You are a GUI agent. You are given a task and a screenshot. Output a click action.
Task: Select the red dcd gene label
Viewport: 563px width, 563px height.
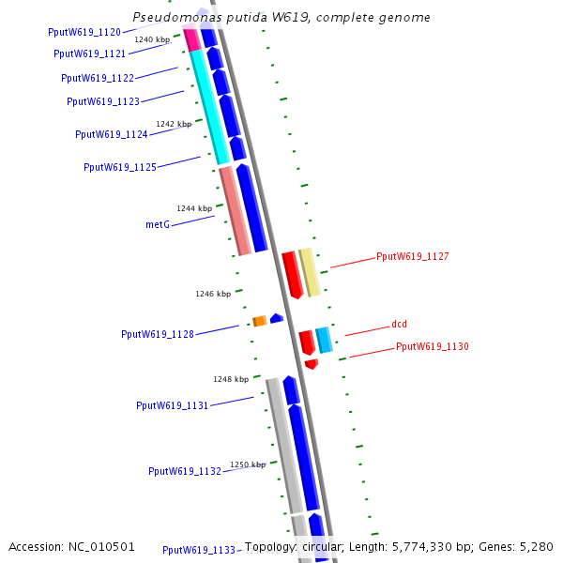pyautogui.click(x=399, y=325)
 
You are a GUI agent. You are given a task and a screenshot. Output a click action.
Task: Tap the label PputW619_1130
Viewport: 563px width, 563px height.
pyautogui.click(x=432, y=346)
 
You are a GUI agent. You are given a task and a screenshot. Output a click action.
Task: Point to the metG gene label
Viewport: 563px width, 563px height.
pyautogui.click(x=157, y=225)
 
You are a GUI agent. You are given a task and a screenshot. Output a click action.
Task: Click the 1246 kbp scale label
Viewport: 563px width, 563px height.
pyautogui.click(x=213, y=294)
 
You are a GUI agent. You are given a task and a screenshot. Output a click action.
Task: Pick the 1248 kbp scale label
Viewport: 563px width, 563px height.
pyautogui.click(x=231, y=379)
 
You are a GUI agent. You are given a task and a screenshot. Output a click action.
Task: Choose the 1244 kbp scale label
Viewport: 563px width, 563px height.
pyautogui.click(x=194, y=208)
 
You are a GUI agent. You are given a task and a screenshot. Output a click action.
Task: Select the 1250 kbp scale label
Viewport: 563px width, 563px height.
pyautogui.click(x=249, y=464)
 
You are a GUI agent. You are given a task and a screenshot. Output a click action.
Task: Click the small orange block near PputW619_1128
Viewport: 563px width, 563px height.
pyautogui.click(x=259, y=321)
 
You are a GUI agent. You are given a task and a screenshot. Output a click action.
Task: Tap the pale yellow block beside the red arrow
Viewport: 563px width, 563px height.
pyautogui.click(x=310, y=272)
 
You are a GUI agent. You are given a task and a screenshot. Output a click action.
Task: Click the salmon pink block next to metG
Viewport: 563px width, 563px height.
pyautogui.click(x=235, y=210)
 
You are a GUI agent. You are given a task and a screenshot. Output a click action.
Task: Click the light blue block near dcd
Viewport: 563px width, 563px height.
pyautogui.click(x=324, y=339)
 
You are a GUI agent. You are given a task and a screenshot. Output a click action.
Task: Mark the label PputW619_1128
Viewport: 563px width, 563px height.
pyautogui.click(x=158, y=334)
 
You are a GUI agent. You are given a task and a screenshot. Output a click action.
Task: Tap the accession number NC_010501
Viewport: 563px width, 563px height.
pyautogui.click(x=103, y=546)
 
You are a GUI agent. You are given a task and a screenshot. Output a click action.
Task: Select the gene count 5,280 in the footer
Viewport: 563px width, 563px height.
pyautogui.click(x=538, y=546)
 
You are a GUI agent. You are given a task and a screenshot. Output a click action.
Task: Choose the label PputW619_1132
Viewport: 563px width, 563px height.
pyautogui.click(x=185, y=471)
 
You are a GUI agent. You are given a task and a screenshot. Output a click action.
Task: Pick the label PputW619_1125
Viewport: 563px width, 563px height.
pyautogui.click(x=120, y=167)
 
